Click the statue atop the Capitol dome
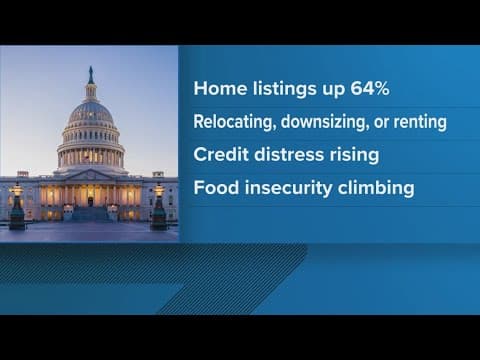click(x=91, y=75)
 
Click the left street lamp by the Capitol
click(x=17, y=204)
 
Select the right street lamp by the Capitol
click(x=158, y=204)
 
